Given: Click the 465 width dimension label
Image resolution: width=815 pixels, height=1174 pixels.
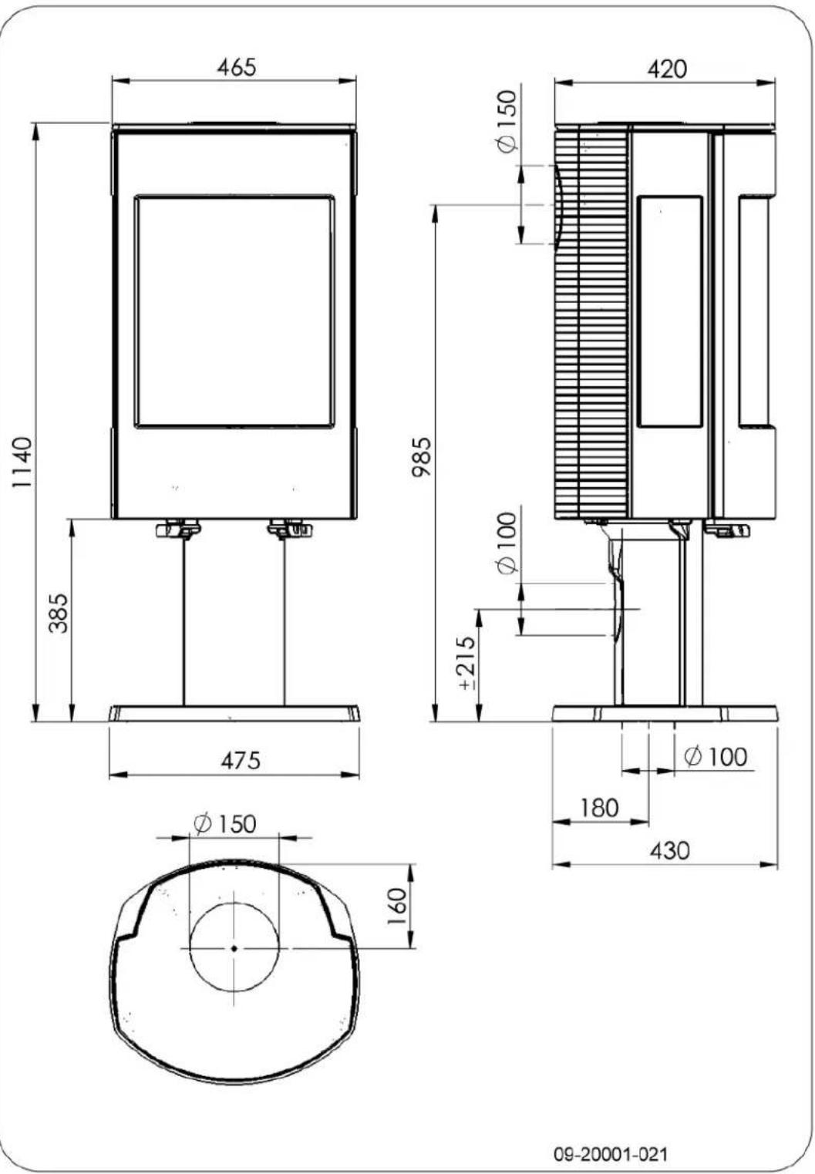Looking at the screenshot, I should (x=235, y=67).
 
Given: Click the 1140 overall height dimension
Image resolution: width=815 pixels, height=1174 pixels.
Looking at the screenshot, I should (x=22, y=462).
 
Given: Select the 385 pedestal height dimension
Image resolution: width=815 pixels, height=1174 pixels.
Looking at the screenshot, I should (x=59, y=612).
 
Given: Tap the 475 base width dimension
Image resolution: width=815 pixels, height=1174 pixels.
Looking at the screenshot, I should (x=241, y=761).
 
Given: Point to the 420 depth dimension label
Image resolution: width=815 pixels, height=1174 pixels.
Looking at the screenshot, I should (x=666, y=69).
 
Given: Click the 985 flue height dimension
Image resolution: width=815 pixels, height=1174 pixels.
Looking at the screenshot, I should (x=420, y=457).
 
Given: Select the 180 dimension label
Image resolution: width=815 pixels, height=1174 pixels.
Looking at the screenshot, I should (x=599, y=808).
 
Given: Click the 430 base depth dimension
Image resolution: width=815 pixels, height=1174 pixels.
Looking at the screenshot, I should (x=669, y=851).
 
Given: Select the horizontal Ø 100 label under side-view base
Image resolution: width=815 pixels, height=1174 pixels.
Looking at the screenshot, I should (x=716, y=757).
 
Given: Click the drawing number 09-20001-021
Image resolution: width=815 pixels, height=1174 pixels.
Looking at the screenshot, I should (x=611, y=1154).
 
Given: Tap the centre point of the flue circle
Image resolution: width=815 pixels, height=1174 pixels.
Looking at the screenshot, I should (x=234, y=948).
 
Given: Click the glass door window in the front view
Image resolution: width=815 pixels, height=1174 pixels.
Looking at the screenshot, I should (x=234, y=311).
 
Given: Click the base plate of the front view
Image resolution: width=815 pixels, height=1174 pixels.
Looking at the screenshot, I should (x=234, y=713).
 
